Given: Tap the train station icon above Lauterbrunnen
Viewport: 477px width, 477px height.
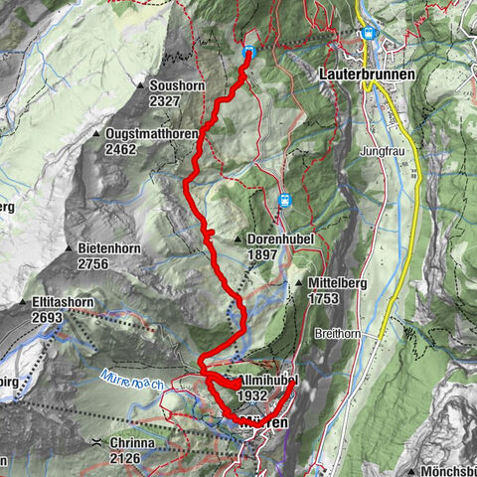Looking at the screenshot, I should pyautogui.click(x=369, y=33).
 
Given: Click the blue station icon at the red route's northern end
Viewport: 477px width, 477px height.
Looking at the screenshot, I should pyautogui.click(x=248, y=52).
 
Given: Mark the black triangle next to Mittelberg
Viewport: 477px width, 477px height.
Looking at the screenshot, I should pyautogui.click(x=298, y=284).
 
